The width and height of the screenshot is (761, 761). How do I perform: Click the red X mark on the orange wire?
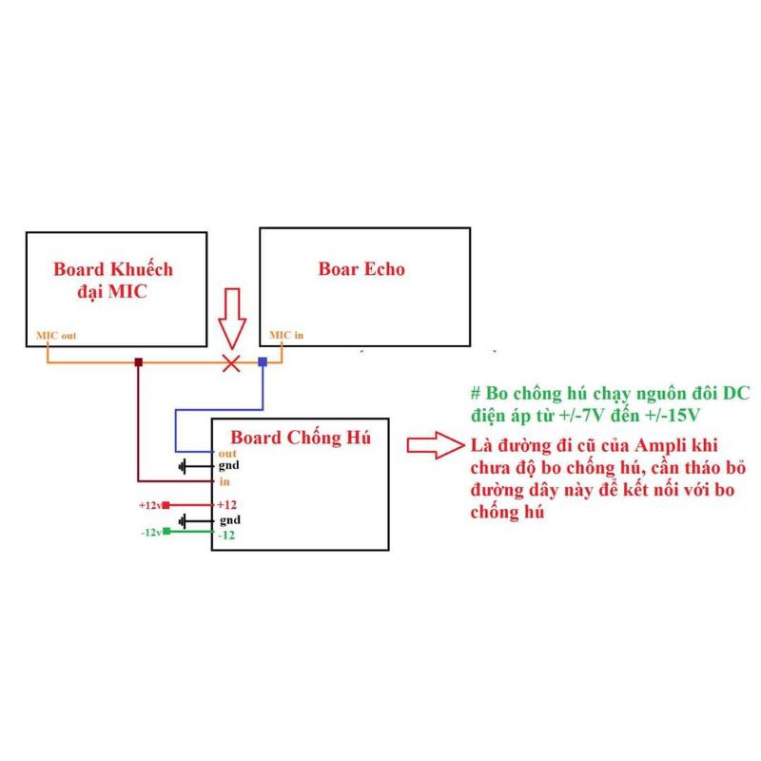pyautogui.click(x=230, y=362)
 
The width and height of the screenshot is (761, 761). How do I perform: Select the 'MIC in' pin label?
pyautogui.click(x=286, y=335)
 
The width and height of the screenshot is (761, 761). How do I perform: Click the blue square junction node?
pyautogui.click(x=263, y=362)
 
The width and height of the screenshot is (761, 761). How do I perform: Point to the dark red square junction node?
pyautogui.click(x=139, y=362)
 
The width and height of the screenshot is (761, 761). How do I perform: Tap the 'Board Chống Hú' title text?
pyautogui.click(x=301, y=438)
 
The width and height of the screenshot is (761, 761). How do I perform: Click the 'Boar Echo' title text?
pyautogui.click(x=361, y=269)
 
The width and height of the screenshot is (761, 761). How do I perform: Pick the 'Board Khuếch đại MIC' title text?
pyautogui.click(x=113, y=280)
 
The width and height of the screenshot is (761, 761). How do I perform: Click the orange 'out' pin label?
pyautogui.click(x=226, y=453)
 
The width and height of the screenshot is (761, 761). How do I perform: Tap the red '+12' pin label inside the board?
pyautogui.click(x=226, y=504)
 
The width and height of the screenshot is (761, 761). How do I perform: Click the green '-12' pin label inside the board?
pyautogui.click(x=225, y=536)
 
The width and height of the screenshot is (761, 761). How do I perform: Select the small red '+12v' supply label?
pyautogui.click(x=150, y=505)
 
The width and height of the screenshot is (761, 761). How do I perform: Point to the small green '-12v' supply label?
pyautogui.click(x=151, y=532)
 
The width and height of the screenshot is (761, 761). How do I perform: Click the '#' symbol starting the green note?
pyautogui.click(x=475, y=394)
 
